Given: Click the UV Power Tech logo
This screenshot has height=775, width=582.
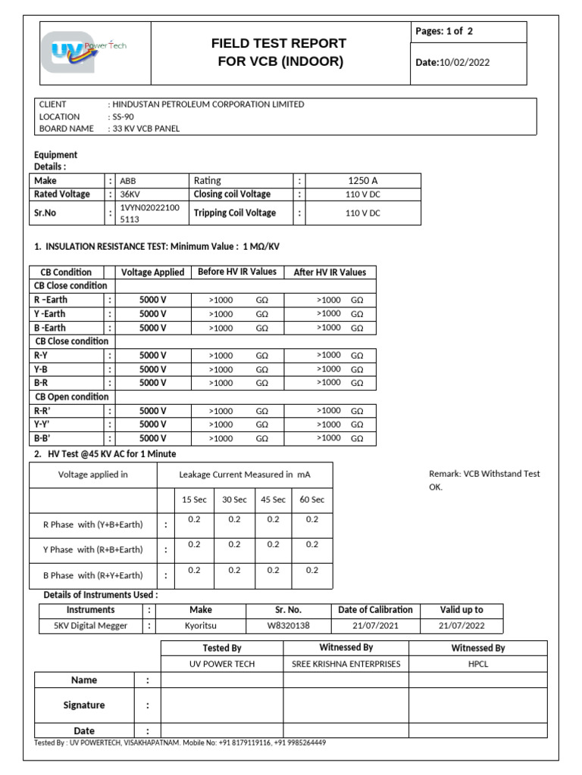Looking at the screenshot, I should coord(89,52).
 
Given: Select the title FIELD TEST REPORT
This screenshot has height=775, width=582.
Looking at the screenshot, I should coord(279,44).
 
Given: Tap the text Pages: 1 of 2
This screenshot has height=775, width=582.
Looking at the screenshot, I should coord(444,32).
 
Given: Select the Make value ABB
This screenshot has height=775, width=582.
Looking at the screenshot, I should coord(128,181).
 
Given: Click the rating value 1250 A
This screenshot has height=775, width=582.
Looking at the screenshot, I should coord(362,181).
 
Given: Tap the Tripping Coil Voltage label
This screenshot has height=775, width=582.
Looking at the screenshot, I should coord(235,213).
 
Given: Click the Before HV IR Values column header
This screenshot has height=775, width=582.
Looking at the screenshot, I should coord(236,272).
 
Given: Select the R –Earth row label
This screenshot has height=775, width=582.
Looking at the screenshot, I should coord(50,300).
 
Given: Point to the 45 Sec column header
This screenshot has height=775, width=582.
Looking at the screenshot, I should coord(274,500).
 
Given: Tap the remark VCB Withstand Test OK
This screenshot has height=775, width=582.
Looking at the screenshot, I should coord(484,480).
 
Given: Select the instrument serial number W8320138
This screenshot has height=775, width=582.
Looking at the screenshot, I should coord(288,626).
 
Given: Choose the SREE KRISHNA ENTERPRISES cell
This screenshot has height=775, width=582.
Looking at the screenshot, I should coord(346,664).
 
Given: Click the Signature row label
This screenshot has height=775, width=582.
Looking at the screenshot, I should coord(84,705).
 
